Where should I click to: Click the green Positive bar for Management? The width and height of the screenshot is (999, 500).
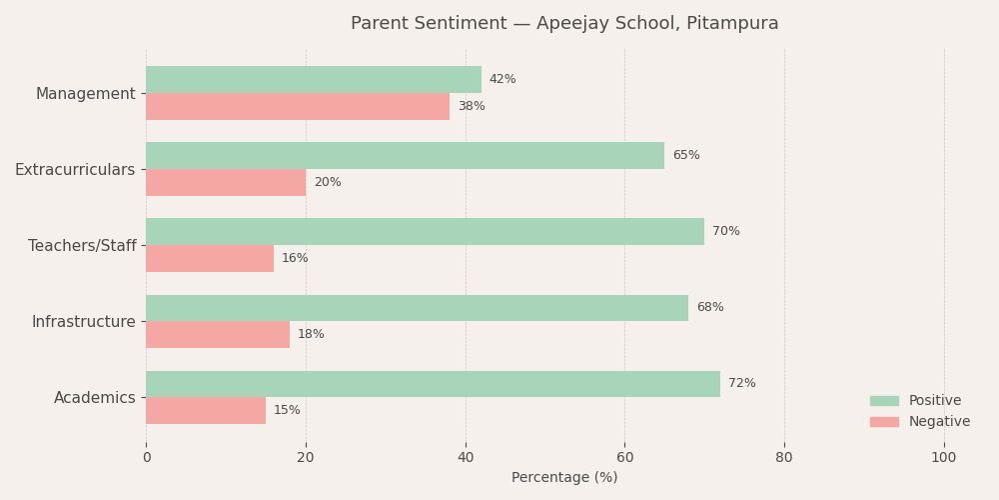coord(314,80)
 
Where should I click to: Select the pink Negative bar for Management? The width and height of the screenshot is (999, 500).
coord(298,107)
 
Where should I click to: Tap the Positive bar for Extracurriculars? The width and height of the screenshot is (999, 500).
coord(405,156)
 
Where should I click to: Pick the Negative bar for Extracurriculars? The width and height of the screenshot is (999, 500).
coord(226,183)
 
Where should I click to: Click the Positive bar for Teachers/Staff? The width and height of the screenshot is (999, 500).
coord(425,232)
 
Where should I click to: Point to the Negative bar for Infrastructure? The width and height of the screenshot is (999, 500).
coord(218,335)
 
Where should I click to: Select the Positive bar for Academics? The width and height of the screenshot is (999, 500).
coord(433,384)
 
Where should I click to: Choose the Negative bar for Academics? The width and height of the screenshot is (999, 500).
coord(206,411)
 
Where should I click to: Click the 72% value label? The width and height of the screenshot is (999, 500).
coord(741,384)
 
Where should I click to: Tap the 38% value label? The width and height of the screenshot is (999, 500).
coord(472,107)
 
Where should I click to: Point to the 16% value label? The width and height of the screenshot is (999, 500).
coord(295,259)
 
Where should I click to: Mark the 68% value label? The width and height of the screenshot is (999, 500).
coord(709,308)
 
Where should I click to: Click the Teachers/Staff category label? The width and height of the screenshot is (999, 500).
coord(82,246)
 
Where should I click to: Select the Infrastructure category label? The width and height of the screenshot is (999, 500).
coord(83,322)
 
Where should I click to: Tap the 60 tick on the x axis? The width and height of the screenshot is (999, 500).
coord(624,458)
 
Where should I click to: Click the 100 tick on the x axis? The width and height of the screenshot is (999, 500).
coord(943,458)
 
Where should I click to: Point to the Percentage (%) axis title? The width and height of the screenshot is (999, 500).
coord(564,478)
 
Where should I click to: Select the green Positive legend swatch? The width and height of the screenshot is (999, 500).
coord(884,401)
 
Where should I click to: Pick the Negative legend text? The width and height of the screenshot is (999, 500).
coord(939,422)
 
